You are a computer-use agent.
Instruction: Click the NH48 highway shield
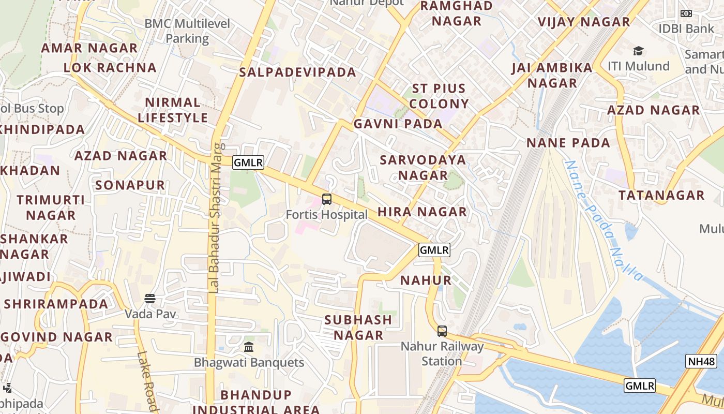coord(701,361)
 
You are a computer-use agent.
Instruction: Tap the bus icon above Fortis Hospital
coord(327,199)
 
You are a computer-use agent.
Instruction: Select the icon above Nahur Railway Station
coord(442,331)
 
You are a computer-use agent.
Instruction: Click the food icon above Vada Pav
coord(150,299)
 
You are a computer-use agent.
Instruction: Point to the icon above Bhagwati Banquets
coord(249,347)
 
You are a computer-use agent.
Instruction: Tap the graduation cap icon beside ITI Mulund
coord(638,51)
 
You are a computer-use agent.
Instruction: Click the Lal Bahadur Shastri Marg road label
coord(216,217)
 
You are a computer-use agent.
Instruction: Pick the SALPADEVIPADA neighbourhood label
coord(297,72)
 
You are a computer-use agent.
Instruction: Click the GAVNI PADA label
coord(398,124)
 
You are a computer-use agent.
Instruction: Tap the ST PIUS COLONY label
coord(439,96)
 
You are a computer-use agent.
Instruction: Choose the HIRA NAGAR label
coord(422,212)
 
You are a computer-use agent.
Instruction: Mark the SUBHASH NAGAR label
coord(358,327)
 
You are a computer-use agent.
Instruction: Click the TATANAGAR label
coord(661,195)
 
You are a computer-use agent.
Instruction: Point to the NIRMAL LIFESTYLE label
coord(172,110)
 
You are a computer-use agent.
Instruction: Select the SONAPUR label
coord(130,185)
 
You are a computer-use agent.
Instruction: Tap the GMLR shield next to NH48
coord(640,386)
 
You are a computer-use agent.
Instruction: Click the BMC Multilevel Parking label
coord(187,31)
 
